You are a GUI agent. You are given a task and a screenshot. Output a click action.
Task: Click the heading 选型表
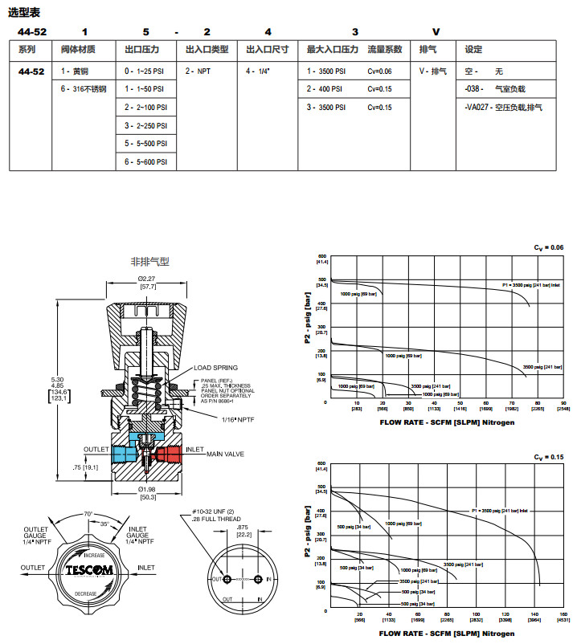24,12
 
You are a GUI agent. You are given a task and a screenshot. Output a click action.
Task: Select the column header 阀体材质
79,50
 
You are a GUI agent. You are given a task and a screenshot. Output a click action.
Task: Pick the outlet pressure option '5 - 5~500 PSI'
146,144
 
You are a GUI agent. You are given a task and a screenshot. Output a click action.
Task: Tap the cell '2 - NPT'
198,71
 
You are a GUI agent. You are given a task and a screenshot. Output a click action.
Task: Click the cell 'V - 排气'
432,71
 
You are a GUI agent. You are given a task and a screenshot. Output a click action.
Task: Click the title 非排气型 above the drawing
150,262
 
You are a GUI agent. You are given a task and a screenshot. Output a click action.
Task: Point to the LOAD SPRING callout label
215,368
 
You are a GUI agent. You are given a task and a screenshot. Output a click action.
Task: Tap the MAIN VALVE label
226,455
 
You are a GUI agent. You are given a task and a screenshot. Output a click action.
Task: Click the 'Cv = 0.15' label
551,457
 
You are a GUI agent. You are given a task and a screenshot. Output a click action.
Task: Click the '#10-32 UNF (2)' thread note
211,512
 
